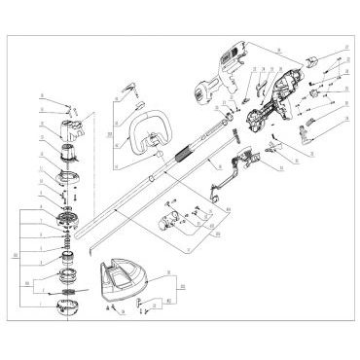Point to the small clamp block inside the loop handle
point(154,153)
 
